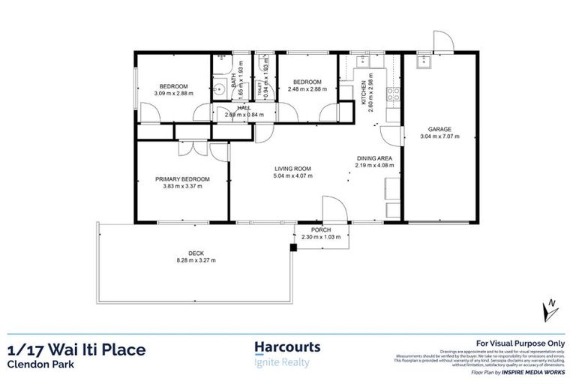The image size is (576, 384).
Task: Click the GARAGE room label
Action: point(439,129)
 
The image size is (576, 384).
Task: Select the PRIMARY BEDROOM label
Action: point(182,179)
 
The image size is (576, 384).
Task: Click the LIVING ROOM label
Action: point(292,168)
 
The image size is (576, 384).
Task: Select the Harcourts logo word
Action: point(288,347)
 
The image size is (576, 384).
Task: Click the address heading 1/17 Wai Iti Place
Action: point(76,349)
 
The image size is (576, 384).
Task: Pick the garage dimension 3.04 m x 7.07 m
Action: point(439,136)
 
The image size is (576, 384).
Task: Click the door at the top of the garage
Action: point(441,41)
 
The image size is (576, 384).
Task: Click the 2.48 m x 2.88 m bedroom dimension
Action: point(307,89)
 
